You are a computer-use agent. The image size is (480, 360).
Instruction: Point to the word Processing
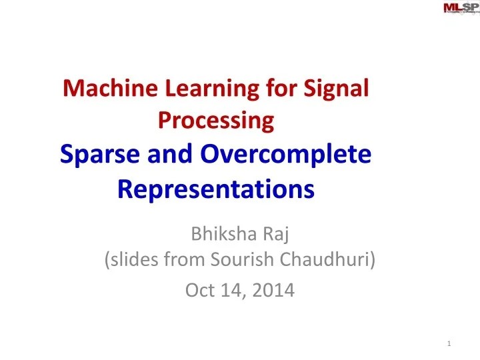(216, 121)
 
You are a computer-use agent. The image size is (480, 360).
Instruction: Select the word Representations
(215, 189)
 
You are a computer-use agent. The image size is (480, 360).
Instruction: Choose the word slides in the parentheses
(133, 261)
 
